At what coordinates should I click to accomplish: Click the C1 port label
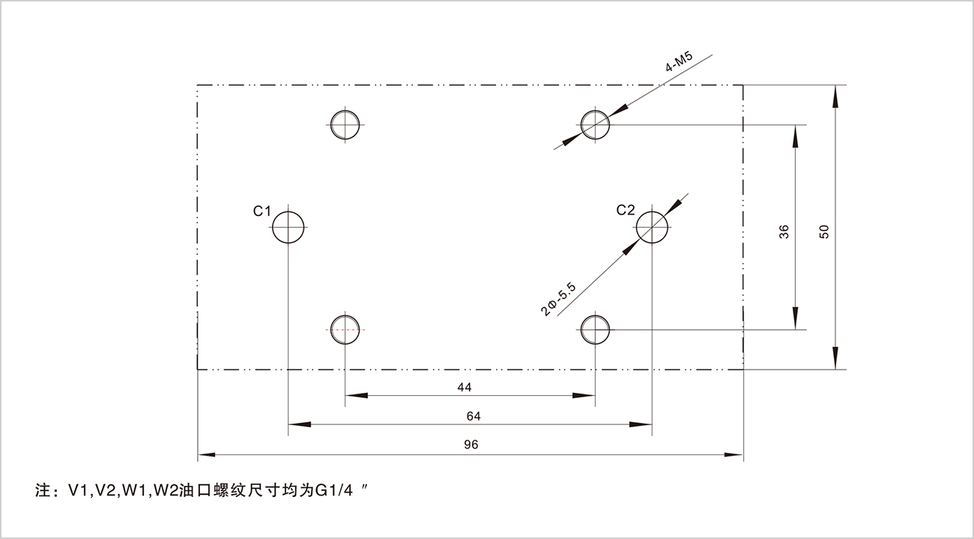[261, 211]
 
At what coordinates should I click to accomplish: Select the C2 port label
[626, 211]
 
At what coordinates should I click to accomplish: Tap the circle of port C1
[288, 226]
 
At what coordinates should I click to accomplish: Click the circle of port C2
[653, 226]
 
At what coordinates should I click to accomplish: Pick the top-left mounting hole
[345, 124]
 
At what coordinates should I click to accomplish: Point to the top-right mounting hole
[596, 124]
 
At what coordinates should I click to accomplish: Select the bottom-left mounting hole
[345, 329]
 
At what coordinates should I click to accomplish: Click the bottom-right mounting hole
[596, 329]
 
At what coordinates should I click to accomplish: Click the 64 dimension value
[473, 416]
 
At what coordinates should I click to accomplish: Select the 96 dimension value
[471, 445]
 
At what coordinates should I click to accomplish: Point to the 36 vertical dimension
[784, 232]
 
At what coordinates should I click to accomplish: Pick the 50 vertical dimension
[824, 232]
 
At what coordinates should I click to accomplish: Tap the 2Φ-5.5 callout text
[559, 298]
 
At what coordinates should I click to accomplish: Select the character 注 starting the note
[43, 493]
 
